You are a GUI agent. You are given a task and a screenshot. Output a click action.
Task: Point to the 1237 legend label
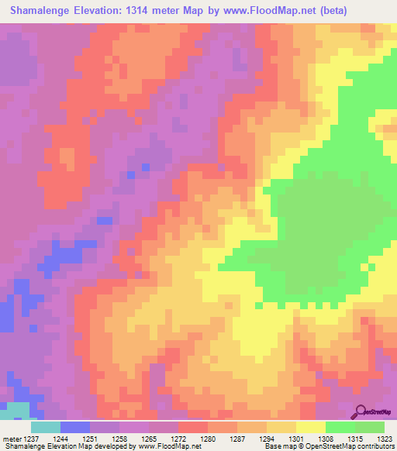pyautogui.click(x=32, y=439)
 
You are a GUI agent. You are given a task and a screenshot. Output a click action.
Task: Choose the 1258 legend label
pyautogui.click(x=119, y=439)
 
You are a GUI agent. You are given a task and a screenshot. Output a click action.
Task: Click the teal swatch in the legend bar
pyautogui.click(x=46, y=427)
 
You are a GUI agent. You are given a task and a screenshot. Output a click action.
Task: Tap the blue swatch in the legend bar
pyautogui.click(x=75, y=427)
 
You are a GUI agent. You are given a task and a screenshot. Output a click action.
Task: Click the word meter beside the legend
pyautogui.click(x=10, y=439)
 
